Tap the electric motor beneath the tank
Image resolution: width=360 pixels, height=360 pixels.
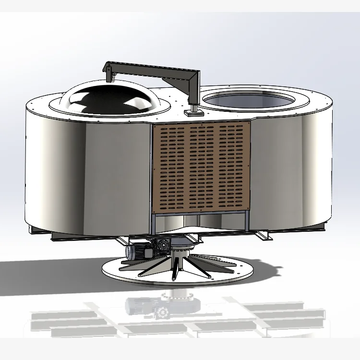[137, 250]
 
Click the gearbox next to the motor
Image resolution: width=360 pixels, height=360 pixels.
[161, 246]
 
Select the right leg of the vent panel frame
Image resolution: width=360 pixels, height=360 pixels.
[248, 223]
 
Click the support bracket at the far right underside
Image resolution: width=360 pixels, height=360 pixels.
[264, 235]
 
